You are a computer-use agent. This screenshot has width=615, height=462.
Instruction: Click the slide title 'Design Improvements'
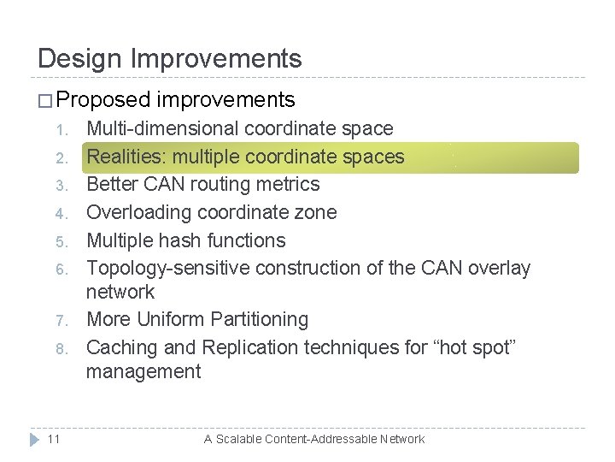click(170, 58)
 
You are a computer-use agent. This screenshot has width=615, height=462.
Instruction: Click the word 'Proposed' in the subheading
click(104, 100)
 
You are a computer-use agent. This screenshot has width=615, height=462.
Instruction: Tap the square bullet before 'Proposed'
click(45, 101)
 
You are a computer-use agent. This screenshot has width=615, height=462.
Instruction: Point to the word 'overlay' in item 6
click(497, 269)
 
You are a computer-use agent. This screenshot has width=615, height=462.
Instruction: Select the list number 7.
click(60, 321)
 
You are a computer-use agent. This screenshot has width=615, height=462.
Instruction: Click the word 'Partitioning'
click(255, 320)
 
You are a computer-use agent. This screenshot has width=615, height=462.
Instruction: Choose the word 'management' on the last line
click(143, 371)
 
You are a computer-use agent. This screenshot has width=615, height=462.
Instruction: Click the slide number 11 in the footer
click(52, 439)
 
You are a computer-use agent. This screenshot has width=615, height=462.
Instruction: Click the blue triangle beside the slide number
click(33, 439)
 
